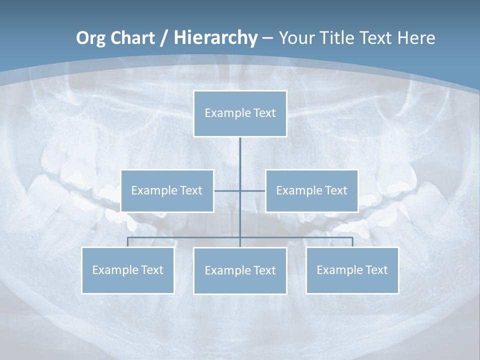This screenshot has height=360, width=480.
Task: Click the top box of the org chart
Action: [x=240, y=113]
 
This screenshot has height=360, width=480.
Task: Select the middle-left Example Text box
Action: [x=167, y=190]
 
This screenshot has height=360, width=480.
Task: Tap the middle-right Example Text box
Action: [x=311, y=190]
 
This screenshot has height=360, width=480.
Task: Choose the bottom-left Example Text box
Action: [x=127, y=270]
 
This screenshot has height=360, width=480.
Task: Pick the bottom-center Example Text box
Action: [x=240, y=270]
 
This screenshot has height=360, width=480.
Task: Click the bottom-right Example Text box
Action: [x=352, y=270]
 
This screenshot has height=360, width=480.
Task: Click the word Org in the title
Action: [x=90, y=38]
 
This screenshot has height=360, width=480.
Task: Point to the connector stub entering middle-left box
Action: [x=226, y=190]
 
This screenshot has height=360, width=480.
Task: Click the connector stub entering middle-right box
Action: [x=253, y=190]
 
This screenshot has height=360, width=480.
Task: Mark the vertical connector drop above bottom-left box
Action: [x=127, y=242]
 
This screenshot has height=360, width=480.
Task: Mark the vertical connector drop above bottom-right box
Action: [x=352, y=242]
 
